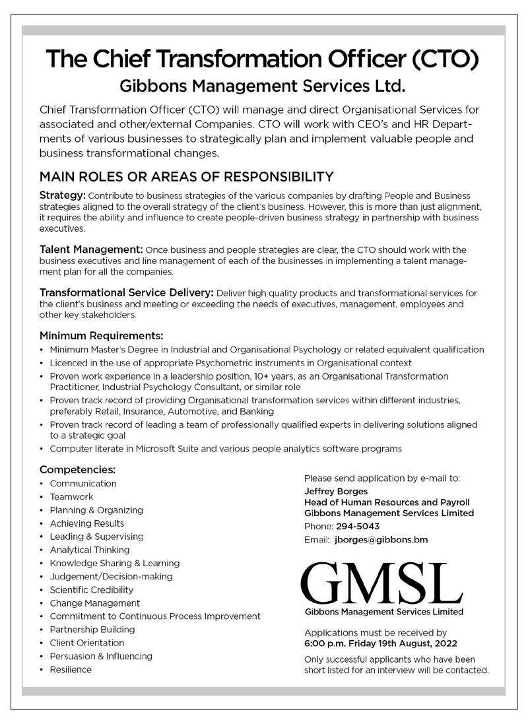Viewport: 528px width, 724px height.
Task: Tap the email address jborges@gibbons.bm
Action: [x=381, y=539]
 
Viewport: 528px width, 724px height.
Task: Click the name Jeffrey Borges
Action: [x=331, y=491]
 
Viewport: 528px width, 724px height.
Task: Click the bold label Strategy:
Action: [x=63, y=197]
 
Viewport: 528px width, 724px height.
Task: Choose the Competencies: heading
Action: [x=78, y=470]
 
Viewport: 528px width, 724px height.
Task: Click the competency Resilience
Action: [x=71, y=669]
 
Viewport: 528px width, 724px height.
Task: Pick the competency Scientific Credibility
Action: [x=91, y=589]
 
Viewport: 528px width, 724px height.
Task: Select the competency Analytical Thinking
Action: [x=89, y=550]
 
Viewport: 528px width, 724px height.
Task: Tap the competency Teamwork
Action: [x=71, y=496]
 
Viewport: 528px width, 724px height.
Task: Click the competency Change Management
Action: [x=94, y=603]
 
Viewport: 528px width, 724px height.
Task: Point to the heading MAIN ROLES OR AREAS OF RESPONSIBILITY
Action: [x=187, y=177]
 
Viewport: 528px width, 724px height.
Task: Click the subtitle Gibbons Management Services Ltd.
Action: [x=261, y=86]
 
